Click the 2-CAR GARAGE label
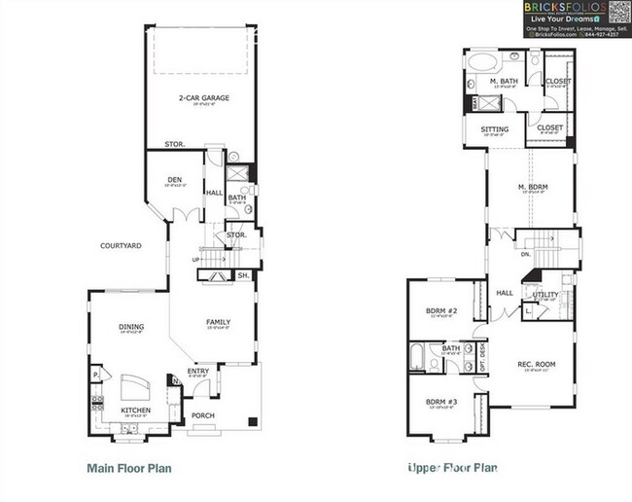click(202, 97)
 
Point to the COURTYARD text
click(121, 246)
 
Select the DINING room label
click(130, 327)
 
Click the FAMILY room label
click(217, 322)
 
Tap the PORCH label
click(203, 416)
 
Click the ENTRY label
click(197, 371)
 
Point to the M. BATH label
click(503, 82)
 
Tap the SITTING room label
click(495, 128)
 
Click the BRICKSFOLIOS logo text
click(565, 8)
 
